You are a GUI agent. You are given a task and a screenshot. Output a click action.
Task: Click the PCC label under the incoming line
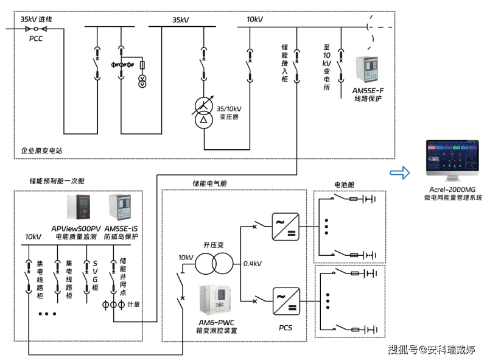[36, 38]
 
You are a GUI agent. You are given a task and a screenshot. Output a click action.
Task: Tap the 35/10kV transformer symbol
[203, 112]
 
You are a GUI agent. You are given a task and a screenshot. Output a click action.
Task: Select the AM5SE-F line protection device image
[367, 69]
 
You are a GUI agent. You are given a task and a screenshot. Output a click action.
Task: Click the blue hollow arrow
[400, 172]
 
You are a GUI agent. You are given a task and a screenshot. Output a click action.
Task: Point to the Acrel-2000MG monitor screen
[452, 156]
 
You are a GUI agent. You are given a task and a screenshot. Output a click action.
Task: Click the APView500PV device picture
[79, 206]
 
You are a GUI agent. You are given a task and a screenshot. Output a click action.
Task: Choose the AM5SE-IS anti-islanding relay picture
[120, 207]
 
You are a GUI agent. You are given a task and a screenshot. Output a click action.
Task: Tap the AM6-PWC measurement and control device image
[215, 300]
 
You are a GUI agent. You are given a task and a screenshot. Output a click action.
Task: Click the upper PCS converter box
[286, 227]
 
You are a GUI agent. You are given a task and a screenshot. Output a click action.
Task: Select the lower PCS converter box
[286, 302]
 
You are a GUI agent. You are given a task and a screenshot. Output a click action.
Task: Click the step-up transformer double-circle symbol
[214, 263]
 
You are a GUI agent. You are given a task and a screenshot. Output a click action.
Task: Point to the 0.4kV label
[252, 264]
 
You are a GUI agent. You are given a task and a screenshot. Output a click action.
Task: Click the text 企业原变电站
[41, 151]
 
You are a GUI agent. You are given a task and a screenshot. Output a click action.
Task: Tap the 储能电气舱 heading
[209, 183]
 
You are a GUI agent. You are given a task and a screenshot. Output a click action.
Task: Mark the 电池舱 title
[344, 185]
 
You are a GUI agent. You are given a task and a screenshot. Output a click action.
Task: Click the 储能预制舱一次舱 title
[57, 181]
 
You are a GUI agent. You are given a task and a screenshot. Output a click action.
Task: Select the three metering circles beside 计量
[114, 305]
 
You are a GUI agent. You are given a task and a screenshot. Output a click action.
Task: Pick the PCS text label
[286, 328]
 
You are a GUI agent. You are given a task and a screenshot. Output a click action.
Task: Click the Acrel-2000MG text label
[452, 189]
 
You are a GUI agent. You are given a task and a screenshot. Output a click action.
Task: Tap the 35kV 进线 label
[36, 19]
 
